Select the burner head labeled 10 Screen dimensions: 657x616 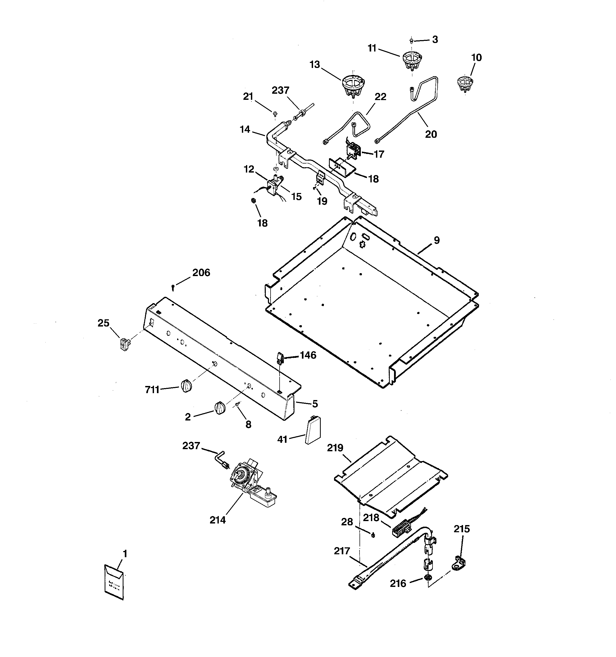tap(465, 84)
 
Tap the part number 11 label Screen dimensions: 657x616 tap(372, 49)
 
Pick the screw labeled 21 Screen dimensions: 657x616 tap(275, 114)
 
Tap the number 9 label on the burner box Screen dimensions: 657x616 tap(437, 240)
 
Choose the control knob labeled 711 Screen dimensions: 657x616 tap(186, 386)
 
